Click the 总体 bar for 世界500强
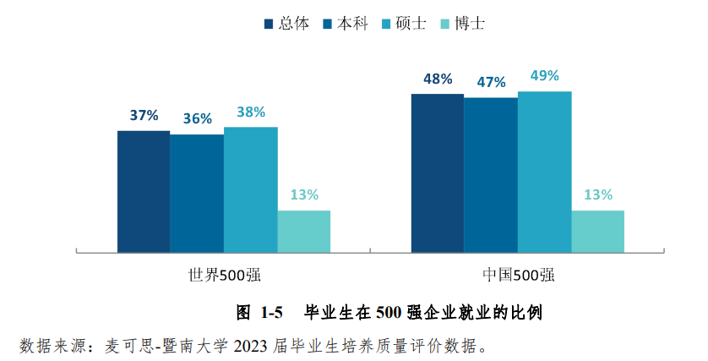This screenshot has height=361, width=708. [144, 191]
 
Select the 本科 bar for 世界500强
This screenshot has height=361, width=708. [197, 193]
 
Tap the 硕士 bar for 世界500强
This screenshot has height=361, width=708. [250, 189]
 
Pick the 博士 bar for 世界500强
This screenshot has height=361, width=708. [303, 231]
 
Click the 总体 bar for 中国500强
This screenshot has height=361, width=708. [437, 172]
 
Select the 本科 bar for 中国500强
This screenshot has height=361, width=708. [491, 174]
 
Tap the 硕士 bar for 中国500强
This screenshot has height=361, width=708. [544, 172]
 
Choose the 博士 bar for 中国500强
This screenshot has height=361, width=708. [597, 231]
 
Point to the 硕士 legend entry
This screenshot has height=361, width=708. [409, 24]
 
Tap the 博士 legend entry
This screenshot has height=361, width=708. [468, 24]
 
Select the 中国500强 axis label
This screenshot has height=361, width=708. [517, 276]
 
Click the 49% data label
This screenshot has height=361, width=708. [544, 76]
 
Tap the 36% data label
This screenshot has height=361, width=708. [197, 119]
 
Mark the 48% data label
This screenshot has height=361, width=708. [438, 79]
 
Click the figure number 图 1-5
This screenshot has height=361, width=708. [259, 313]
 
